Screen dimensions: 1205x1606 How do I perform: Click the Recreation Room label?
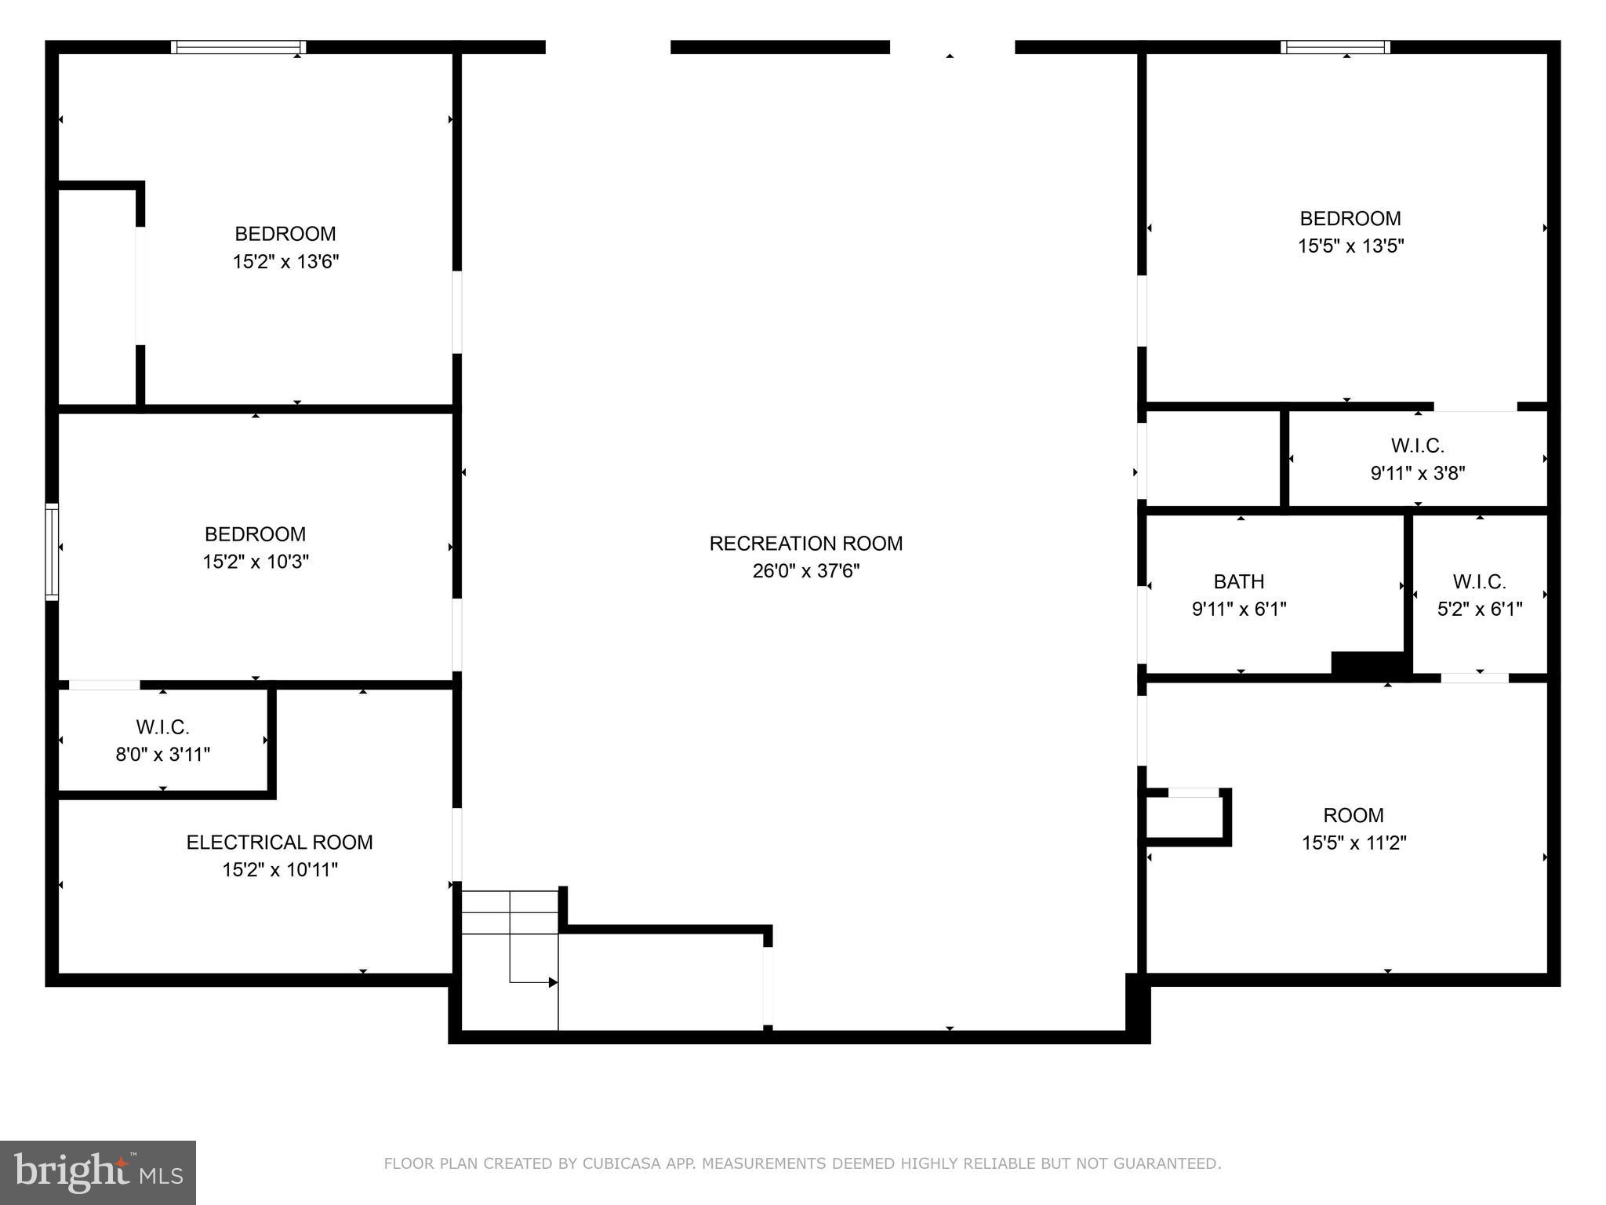click(x=805, y=544)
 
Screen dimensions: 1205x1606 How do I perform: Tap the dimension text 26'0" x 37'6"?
click(x=805, y=571)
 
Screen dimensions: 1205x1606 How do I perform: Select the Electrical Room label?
click(x=279, y=843)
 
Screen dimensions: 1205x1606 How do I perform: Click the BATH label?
click(x=1238, y=582)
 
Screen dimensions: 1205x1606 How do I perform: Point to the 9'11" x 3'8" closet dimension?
click(x=1417, y=473)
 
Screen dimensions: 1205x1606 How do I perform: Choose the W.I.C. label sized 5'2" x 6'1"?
click(x=1479, y=582)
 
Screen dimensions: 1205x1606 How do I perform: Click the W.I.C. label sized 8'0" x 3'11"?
click(x=162, y=727)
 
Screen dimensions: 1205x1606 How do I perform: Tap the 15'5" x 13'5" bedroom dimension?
click(x=1350, y=246)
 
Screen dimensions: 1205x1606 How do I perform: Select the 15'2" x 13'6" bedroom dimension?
click(x=285, y=262)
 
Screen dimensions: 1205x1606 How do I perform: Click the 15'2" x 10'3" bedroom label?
click(x=255, y=535)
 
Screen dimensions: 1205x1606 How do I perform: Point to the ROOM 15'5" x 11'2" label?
click(x=1353, y=816)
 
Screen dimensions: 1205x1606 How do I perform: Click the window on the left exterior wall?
click(x=52, y=552)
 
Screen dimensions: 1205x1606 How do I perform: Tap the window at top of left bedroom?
click(x=238, y=47)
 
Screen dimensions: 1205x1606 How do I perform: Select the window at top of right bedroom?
click(x=1335, y=47)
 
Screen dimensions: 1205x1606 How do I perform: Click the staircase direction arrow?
click(x=552, y=982)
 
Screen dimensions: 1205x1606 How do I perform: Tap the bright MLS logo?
click(x=97, y=1173)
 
